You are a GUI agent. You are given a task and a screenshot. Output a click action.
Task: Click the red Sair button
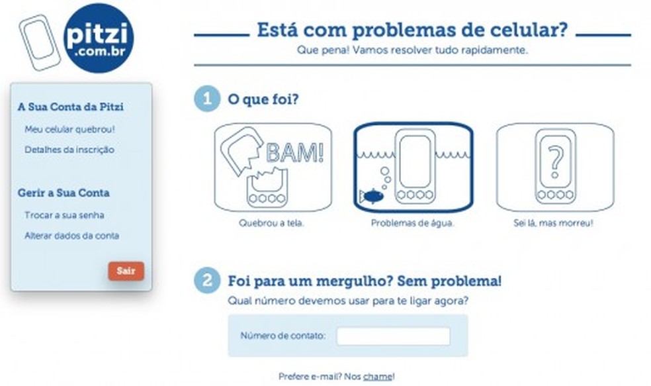pos(126,271)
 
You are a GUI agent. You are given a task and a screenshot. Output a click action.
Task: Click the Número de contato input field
pos(393,336)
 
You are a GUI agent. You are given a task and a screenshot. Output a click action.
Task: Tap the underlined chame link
pos(377,377)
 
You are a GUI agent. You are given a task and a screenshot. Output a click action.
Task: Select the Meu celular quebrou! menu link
pos(69,129)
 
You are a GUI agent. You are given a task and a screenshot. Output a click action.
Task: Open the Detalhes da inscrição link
pos(69,150)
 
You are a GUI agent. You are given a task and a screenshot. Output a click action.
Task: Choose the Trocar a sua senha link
pos(64,215)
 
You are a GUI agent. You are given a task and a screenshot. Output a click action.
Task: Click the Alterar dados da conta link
pos(72,236)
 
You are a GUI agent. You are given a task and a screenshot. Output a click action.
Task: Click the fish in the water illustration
pos(372,196)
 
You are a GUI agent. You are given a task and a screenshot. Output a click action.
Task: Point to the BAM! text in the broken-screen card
pos(295,152)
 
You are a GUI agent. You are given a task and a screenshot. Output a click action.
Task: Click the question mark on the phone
pos(556,162)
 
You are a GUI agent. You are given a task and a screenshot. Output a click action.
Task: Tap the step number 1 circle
pos(207,99)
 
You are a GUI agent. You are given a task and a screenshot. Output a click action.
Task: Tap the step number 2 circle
pos(207,281)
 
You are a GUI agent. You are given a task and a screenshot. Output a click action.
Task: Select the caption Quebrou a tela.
pos(271,223)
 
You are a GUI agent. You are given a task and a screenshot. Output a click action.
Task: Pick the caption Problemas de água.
pos(413,223)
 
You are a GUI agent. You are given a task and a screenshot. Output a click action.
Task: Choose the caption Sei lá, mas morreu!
pos(554,223)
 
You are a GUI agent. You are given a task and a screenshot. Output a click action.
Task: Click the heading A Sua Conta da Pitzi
pos(71,107)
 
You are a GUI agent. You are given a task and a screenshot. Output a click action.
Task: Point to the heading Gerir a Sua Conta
pos(64,193)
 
